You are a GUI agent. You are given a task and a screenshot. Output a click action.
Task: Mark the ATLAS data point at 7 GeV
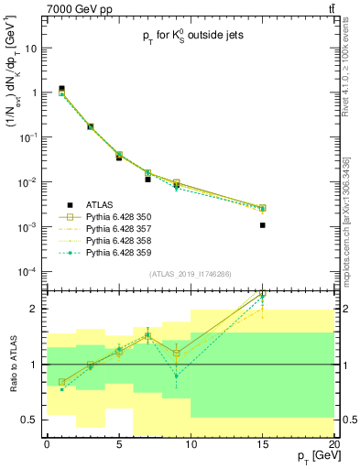tap(147, 180)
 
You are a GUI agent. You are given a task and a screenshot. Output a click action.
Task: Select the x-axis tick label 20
tap(334, 444)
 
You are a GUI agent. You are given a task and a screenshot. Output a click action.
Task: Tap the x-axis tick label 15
tap(263, 444)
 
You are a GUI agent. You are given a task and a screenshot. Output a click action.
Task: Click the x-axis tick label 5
tap(119, 444)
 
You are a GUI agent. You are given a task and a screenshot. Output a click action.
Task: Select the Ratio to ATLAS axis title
tap(11, 365)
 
